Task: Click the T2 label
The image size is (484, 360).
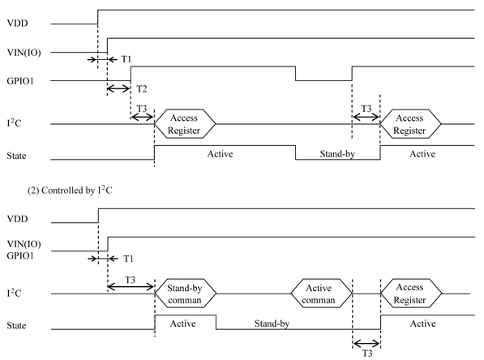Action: tap(142, 89)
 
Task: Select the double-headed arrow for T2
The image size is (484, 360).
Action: tap(119, 89)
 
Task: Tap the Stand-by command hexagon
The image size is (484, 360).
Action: tap(185, 294)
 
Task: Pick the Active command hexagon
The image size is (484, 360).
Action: tap(321, 294)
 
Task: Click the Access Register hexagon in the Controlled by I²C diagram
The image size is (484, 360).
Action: tap(411, 294)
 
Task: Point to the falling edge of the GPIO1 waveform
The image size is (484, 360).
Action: tap(295, 74)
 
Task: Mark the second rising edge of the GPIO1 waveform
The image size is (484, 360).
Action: tap(352, 74)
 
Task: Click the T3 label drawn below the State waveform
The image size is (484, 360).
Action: tap(366, 354)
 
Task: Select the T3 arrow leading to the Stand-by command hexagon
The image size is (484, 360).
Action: tap(131, 287)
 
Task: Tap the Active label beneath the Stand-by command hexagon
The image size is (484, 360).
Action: tap(182, 324)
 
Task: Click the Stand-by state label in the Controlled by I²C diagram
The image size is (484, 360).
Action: tap(272, 324)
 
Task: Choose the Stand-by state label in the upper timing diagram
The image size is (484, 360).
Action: tap(337, 154)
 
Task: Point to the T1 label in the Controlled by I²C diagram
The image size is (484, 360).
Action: tap(128, 259)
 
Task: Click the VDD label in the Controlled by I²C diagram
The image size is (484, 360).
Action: tap(17, 219)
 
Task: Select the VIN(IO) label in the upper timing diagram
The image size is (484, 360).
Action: tap(24, 53)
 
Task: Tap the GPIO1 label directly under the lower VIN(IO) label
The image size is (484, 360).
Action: tap(20, 255)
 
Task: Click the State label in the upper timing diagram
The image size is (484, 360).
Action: tap(16, 156)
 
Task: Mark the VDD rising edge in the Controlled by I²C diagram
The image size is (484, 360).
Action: tap(98, 216)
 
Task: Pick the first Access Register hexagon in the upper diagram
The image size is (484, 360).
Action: tap(185, 124)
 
